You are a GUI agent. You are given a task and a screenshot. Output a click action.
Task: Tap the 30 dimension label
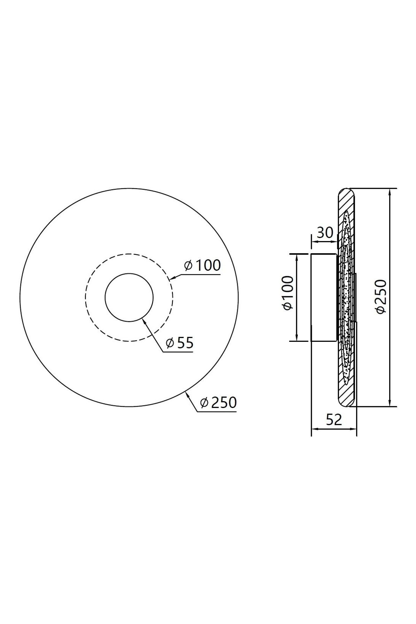(x=325, y=232)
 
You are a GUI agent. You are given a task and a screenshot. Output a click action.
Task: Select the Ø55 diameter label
(x=180, y=343)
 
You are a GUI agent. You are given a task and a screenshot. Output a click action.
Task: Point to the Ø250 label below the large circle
(x=218, y=403)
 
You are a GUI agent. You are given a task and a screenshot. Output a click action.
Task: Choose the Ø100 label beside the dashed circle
(x=202, y=265)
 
